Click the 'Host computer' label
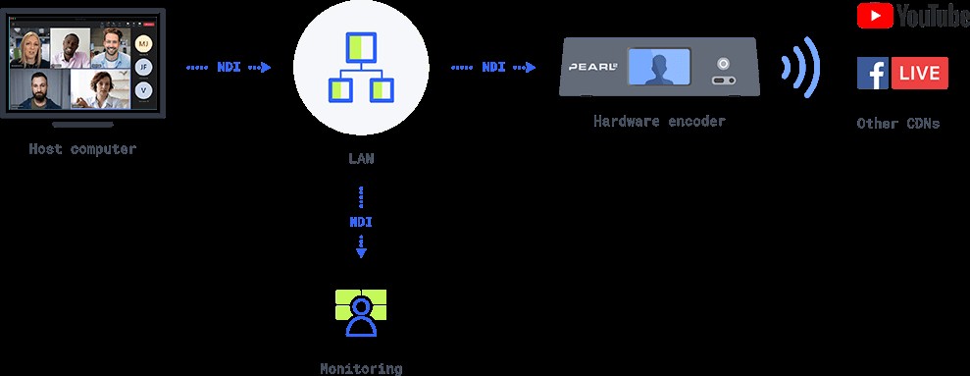click(x=82, y=149)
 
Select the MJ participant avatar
click(x=144, y=44)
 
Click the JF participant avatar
click(x=144, y=67)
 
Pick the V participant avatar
click(x=144, y=89)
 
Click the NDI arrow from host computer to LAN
click(x=228, y=68)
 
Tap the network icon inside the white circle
click(x=360, y=69)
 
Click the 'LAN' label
click(x=360, y=157)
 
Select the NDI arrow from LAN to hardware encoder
click(x=493, y=68)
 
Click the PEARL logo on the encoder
click(x=591, y=69)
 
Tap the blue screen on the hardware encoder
click(x=660, y=68)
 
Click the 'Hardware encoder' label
click(x=659, y=122)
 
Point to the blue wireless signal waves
click(x=799, y=68)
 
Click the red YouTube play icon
click(x=874, y=15)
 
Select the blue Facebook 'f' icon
click(x=873, y=74)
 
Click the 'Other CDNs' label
click(x=897, y=124)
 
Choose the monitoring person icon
click(x=360, y=311)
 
